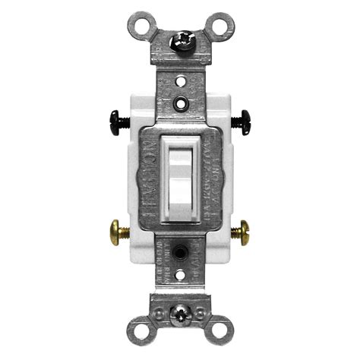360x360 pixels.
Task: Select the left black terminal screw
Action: [116, 118]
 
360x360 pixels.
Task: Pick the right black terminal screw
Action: [245, 118]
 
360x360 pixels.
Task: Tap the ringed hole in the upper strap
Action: [180, 101]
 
